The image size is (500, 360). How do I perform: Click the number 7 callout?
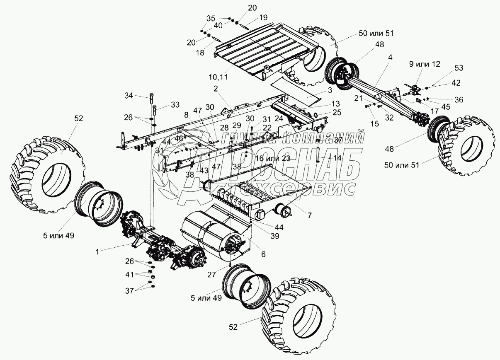coord(310,216)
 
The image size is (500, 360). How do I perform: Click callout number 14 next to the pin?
coord(337,158)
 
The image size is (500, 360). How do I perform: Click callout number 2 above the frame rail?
coord(216,88)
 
